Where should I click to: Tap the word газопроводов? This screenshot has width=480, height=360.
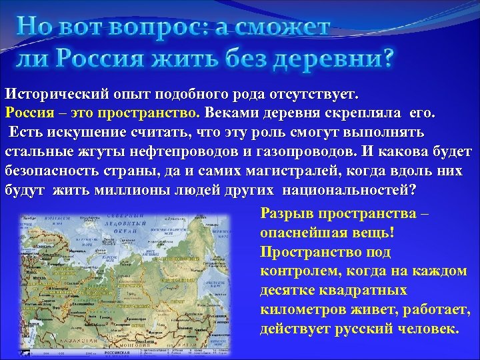click(x=321, y=150)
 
